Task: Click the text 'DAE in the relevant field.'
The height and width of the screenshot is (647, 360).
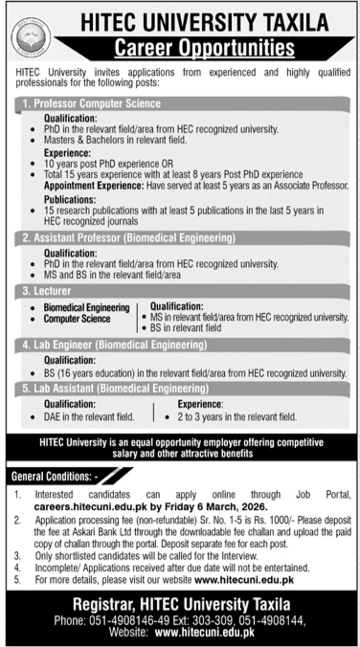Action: (99, 417)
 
